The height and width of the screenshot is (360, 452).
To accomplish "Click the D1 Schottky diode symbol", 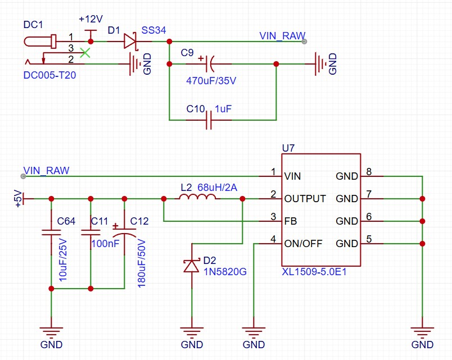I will click(130, 40).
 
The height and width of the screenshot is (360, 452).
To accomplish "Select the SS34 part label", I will click(153, 30).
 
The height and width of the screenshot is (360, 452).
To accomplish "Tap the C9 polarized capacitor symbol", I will click(209, 63).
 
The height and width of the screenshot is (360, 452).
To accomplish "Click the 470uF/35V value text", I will click(211, 80).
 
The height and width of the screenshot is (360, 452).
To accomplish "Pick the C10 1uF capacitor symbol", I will click(209, 120).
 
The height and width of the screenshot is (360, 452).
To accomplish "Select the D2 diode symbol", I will click(192, 265).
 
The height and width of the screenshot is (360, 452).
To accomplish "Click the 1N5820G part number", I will click(225, 272).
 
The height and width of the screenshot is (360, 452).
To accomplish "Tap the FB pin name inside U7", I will click(290, 221).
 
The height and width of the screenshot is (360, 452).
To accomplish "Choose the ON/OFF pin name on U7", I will click(304, 244).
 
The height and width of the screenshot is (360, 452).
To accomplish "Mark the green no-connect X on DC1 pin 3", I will click(85, 52).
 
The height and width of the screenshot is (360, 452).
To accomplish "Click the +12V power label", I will click(91, 19).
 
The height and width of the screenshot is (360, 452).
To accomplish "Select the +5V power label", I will click(17, 199).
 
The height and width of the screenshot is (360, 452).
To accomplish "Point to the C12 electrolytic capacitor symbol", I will click(124, 233).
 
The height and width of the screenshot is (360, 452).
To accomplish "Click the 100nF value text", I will click(105, 244).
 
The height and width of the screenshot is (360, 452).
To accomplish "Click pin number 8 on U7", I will click(369, 171).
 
